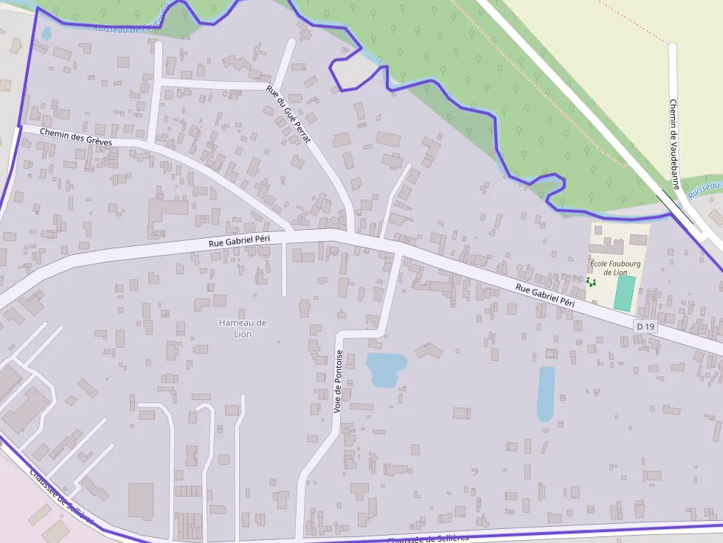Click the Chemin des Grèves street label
[x=77, y=136]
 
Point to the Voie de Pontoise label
[x=338, y=380]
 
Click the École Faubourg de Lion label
[x=614, y=267]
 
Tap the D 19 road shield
[x=645, y=326]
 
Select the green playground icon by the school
[x=590, y=281]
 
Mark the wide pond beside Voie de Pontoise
[x=386, y=368]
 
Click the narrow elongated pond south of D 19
[x=546, y=393]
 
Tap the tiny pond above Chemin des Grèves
[x=46, y=33]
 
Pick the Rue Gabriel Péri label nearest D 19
[x=544, y=295]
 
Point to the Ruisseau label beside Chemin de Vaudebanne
[x=704, y=189]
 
